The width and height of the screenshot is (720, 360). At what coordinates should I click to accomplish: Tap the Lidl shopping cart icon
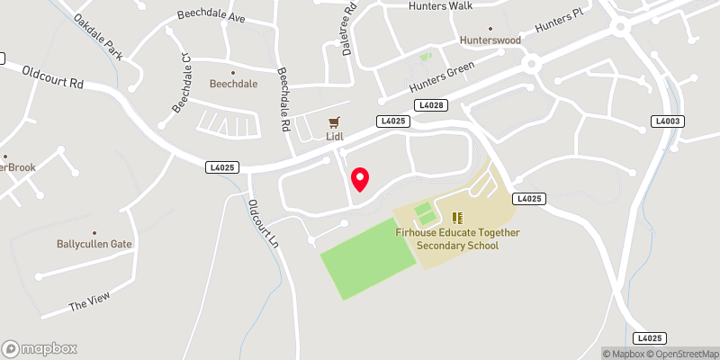coord(335,122)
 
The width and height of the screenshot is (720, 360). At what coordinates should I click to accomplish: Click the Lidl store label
coord(335,138)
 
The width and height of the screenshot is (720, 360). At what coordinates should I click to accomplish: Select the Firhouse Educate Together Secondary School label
coord(457,238)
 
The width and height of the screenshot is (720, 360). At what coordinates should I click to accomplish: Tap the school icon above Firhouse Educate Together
coord(457,217)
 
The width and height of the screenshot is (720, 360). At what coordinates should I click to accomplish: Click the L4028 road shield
coord(432,106)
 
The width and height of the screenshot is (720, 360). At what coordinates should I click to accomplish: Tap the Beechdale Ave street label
coord(212,17)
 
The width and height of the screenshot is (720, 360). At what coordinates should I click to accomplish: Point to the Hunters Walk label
coord(440,5)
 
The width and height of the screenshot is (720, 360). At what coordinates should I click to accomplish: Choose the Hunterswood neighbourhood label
coord(490,41)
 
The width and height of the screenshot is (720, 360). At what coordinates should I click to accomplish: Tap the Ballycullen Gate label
coord(94,243)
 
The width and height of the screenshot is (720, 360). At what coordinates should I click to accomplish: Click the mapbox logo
coord(40,348)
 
